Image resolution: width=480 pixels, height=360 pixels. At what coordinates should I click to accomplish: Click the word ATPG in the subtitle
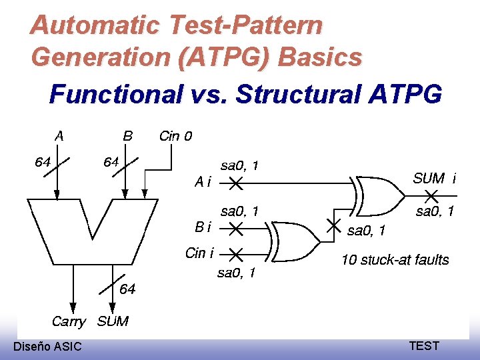[x=405, y=94]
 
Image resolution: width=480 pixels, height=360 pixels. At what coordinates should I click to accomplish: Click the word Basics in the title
[x=320, y=57]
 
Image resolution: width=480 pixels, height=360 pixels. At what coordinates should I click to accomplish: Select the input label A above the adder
[x=60, y=136]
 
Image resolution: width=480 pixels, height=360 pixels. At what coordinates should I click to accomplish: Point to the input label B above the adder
[x=128, y=136]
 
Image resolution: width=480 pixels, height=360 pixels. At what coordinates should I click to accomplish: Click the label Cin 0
[x=175, y=136]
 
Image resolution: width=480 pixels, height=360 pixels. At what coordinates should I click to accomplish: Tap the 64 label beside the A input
[x=43, y=162]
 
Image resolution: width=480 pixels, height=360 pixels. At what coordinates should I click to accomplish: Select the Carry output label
[x=69, y=321]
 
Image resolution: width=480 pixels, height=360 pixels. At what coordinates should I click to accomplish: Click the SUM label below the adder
[x=113, y=321]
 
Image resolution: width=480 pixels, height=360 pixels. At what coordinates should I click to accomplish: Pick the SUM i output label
[x=435, y=178]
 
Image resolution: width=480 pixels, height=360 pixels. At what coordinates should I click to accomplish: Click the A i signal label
[x=202, y=181]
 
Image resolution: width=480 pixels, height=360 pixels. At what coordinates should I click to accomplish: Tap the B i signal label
[x=203, y=227]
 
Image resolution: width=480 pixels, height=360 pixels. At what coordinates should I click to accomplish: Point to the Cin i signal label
[x=199, y=253]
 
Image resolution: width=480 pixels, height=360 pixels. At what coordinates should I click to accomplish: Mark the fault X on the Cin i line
[x=235, y=253]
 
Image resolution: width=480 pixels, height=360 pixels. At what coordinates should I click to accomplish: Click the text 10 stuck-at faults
[x=395, y=260]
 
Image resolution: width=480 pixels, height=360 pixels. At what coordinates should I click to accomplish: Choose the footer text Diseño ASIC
[x=47, y=346]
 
